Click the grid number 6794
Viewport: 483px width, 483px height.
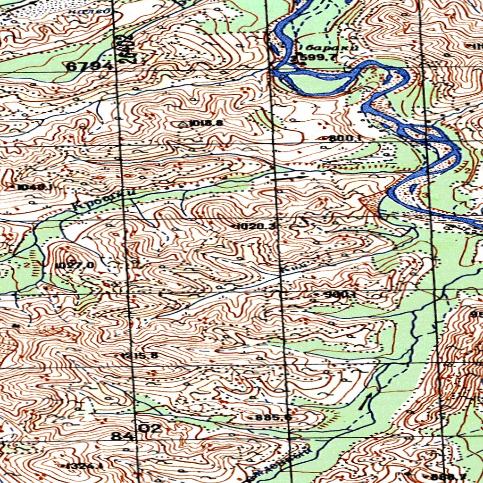click(x=89, y=67)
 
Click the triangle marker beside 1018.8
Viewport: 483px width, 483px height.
click(x=183, y=124)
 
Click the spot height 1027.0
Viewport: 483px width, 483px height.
click(x=75, y=265)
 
